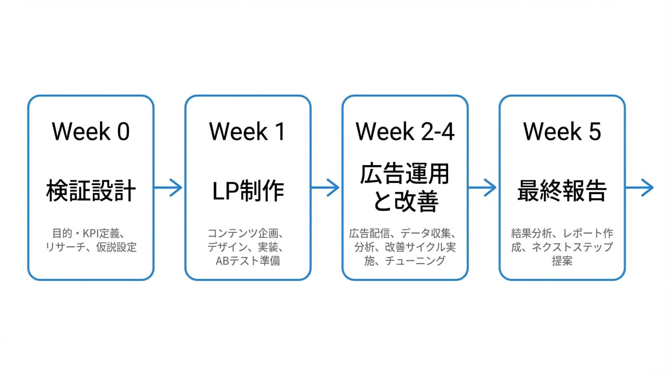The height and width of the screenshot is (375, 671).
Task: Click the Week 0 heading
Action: [91, 132]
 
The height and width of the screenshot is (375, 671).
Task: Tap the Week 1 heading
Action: [248, 132]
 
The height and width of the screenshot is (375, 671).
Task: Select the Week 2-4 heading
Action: [405, 132]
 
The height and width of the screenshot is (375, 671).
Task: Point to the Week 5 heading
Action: [562, 132]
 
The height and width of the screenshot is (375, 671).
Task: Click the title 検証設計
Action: [91, 191]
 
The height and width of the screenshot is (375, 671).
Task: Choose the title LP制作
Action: [248, 191]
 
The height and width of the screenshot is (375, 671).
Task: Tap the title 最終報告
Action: [562, 191]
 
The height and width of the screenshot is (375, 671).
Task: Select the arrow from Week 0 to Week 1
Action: [168, 187]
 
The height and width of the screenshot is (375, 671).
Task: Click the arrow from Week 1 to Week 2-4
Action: [325, 187]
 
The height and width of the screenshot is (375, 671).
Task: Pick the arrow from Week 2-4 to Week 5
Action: [482, 187]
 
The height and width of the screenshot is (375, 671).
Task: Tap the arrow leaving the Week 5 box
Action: [639, 187]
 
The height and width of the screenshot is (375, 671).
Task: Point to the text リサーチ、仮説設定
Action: [91, 247]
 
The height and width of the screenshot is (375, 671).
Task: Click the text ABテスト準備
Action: [248, 261]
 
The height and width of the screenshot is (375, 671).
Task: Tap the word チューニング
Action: [415, 261]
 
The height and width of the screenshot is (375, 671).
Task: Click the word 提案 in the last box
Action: [562, 261]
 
